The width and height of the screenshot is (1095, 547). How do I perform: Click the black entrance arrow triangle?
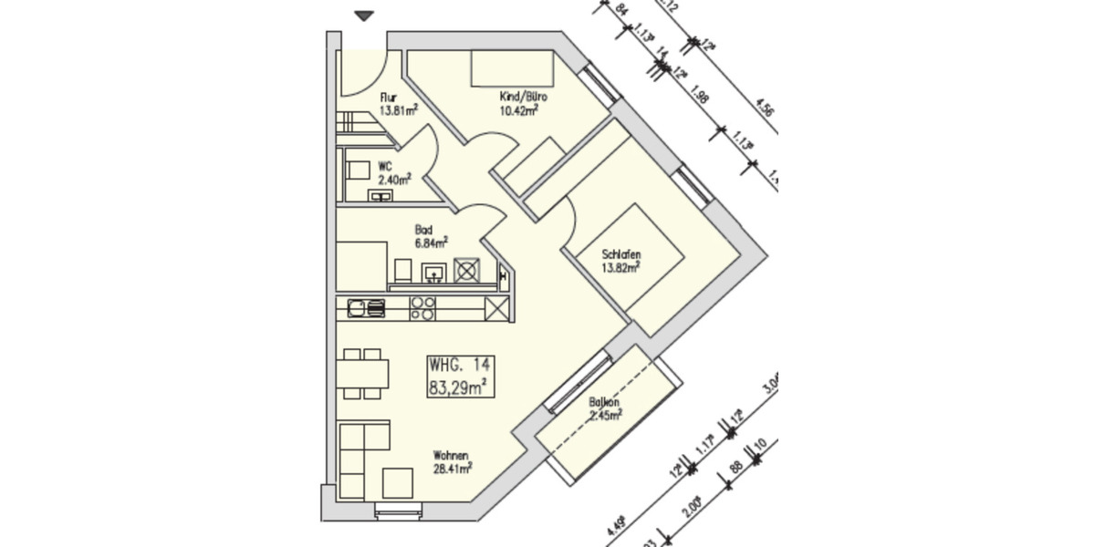coord(365,15)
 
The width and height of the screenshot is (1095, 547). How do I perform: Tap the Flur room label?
coord(389,98)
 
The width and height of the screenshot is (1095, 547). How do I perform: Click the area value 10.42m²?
coord(518,111)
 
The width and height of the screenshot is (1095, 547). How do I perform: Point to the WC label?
coord(385,167)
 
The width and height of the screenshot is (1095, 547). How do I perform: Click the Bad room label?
coord(423,231)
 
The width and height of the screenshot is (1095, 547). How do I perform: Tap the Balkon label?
coord(604,401)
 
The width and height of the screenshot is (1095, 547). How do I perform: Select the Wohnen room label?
coord(452,456)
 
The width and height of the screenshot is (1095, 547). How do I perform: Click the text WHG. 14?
coord(459,365)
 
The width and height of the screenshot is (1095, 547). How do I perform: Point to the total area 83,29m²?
coord(457,387)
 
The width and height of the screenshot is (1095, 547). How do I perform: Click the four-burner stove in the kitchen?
coord(422,309)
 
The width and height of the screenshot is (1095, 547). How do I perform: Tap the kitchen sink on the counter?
coord(366,309)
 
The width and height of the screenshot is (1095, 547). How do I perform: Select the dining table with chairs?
coord(362,374)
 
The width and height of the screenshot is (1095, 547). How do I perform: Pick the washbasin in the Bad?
coord(433,272)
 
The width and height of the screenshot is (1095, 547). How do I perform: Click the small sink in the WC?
coord(380,194)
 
